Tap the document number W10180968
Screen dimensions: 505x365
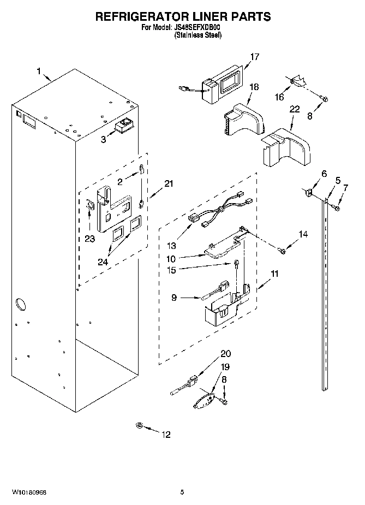tap(27, 492)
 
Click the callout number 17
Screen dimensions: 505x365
tap(254, 56)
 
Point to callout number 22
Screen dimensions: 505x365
tap(294, 110)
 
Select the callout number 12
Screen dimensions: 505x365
tap(165, 435)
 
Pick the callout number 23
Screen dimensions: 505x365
tap(89, 238)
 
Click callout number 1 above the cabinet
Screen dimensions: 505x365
tap(39, 70)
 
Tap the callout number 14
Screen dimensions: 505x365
tap(303, 234)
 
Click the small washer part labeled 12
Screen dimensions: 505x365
tap(140, 425)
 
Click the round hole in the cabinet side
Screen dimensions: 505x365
tap(21, 302)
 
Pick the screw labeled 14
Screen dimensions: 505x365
tap(282, 250)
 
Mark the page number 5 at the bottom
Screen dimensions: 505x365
tap(182, 492)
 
